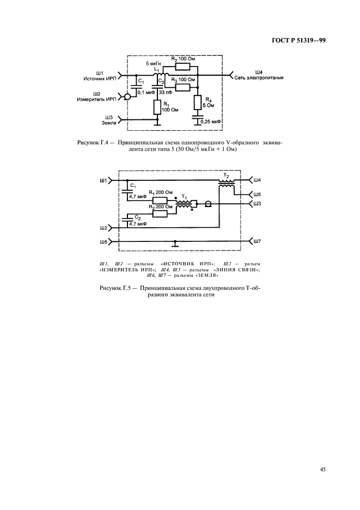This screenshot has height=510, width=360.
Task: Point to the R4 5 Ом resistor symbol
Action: tap(197, 102)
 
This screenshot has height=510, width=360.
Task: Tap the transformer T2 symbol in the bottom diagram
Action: tap(227, 184)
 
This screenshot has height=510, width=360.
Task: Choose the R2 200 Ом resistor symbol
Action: tap(160, 214)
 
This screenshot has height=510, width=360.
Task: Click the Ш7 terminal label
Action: tap(258, 241)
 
